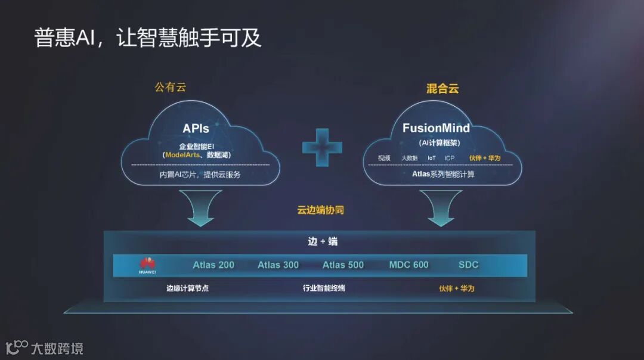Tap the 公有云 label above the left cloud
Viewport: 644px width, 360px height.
click(x=170, y=87)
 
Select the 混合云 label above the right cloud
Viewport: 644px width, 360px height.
click(x=442, y=89)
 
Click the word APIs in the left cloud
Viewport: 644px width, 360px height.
click(x=196, y=128)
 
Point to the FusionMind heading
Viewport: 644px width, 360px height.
click(x=436, y=128)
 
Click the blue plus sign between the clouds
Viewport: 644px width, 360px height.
click(x=322, y=147)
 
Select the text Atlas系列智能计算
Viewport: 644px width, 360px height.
click(x=443, y=175)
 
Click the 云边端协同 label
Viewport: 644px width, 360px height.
click(x=321, y=210)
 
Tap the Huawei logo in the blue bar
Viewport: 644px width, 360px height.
click(x=147, y=265)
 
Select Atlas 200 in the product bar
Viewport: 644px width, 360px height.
click(x=213, y=265)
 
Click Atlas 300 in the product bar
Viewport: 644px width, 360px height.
click(x=278, y=265)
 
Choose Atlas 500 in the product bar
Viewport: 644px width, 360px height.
click(x=343, y=265)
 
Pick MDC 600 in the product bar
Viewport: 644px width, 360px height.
click(x=408, y=265)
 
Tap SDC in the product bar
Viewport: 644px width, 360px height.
click(x=468, y=265)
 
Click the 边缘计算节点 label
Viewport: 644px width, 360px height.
click(x=187, y=288)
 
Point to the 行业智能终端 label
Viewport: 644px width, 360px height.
click(x=324, y=288)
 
